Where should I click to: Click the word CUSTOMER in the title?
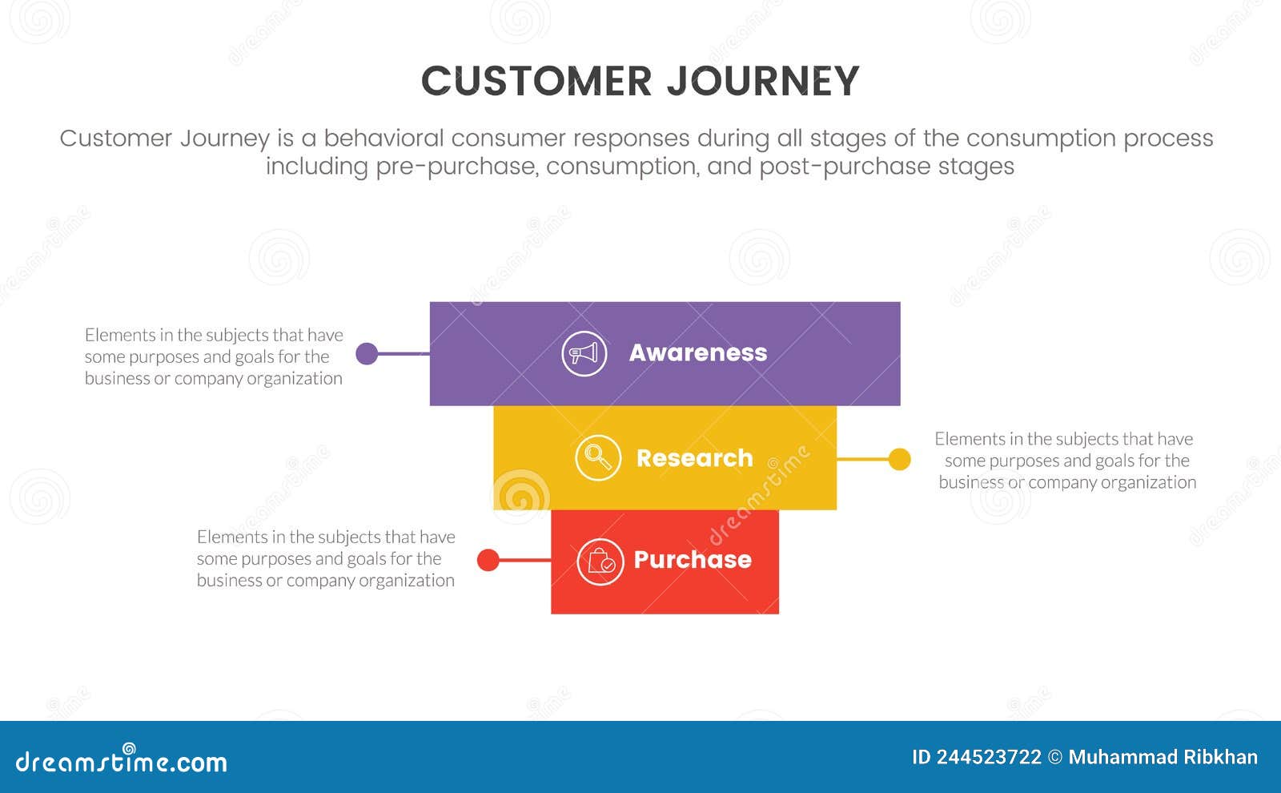point(536,82)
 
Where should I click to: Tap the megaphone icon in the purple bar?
point(584,353)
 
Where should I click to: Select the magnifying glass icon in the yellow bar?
point(597,458)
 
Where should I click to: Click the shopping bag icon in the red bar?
point(600,562)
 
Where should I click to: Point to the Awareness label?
point(697,352)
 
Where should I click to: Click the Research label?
point(694,458)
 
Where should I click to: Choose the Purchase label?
point(692,559)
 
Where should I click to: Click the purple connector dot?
point(367,353)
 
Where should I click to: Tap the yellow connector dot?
point(899,459)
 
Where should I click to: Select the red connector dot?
point(488,560)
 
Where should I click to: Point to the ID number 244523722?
point(990,757)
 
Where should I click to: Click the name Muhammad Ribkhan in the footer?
point(1163,757)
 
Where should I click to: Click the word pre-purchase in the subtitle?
point(456,167)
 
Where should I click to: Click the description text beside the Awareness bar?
point(214,356)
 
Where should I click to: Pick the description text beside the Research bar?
point(1066,461)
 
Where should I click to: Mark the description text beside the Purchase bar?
point(326,558)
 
